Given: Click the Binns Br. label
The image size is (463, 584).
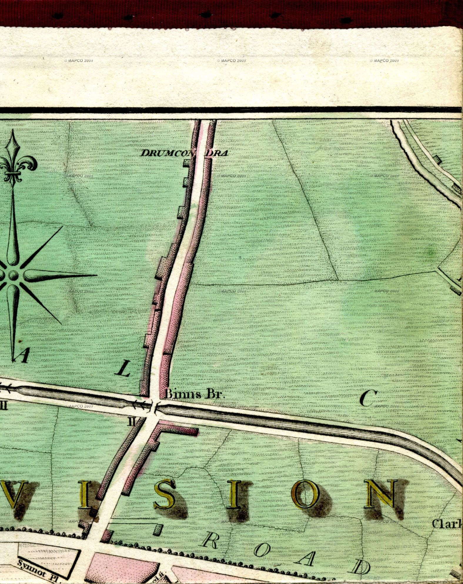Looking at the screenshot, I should (x=194, y=394).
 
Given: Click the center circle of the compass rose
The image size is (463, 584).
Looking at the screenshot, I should (x=13, y=275).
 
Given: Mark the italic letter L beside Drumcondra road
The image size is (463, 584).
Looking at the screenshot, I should (x=123, y=369).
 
